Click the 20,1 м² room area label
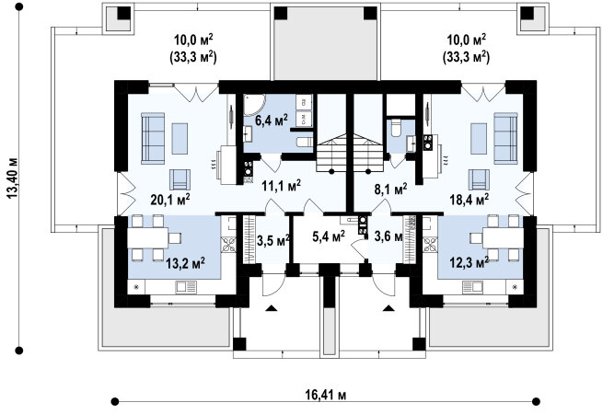tap(170, 199)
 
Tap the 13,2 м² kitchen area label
tap(185, 263)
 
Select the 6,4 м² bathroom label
tap(272, 120)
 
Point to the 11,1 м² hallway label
tap(281, 186)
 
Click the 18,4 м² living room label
tap(470, 199)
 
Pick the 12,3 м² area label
tap(470, 263)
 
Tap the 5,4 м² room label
tap(329, 236)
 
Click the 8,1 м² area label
tap(390, 189)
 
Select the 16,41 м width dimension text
tap(326, 395)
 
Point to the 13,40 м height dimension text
tap(13, 178)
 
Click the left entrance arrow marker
tap(272, 307)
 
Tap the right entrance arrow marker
tap(388, 307)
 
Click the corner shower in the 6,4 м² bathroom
tap(254, 105)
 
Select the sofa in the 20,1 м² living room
tap(153, 138)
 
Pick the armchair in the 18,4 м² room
tap(479, 179)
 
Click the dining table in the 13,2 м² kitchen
tap(147, 238)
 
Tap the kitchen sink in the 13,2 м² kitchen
tap(186, 287)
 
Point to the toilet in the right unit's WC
tap(396, 129)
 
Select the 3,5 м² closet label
tap(273, 241)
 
